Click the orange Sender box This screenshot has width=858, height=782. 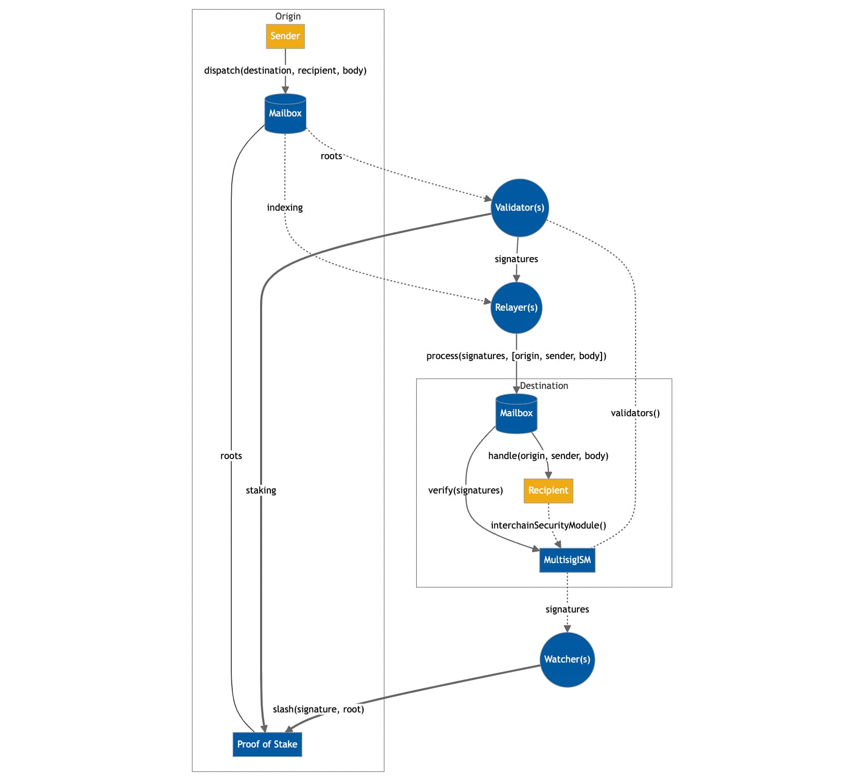click(285, 36)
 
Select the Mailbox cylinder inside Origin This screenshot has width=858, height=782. click(285, 114)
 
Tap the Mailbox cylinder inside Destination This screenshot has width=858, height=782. click(516, 413)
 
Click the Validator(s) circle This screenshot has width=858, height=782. click(519, 208)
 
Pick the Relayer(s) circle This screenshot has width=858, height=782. click(516, 308)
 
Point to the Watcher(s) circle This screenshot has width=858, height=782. click(567, 659)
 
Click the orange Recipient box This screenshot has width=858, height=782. click(548, 490)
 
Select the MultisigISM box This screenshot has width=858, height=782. click(567, 560)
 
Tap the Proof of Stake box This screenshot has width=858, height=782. click(267, 744)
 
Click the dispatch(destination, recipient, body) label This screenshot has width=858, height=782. click(285, 71)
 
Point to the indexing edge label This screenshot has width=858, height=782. click(284, 208)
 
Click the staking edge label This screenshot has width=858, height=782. click(261, 490)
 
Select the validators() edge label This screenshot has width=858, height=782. click(635, 413)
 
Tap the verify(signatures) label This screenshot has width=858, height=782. click(465, 490)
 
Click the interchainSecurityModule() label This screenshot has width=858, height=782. click(548, 525)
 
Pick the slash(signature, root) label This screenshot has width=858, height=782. click(318, 709)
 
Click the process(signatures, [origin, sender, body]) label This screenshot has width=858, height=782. click(516, 356)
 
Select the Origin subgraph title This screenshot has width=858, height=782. click(287, 16)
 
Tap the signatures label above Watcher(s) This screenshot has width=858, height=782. click(567, 609)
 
